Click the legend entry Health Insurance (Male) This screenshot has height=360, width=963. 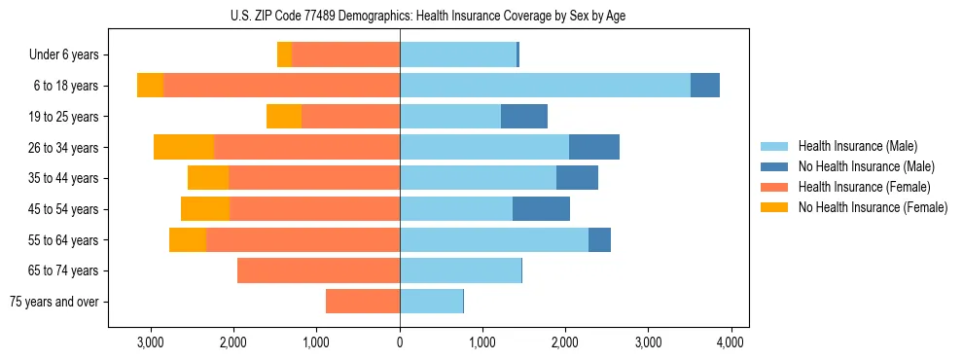click(x=857, y=146)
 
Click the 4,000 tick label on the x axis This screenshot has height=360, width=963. click(x=731, y=342)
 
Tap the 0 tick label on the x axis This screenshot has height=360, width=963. click(x=400, y=342)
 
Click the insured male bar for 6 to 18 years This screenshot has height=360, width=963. click(x=545, y=86)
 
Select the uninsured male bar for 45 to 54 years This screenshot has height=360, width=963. click(x=541, y=208)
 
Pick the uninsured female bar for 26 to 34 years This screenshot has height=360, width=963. click(x=184, y=147)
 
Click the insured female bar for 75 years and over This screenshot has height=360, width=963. click(x=363, y=302)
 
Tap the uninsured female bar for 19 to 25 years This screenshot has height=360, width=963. click(x=284, y=117)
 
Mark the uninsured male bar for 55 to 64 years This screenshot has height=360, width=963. click(x=599, y=239)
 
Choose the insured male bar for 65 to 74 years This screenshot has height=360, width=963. click(x=460, y=270)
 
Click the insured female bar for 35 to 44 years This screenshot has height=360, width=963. click(x=314, y=178)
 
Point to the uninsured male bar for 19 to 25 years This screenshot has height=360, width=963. click(x=524, y=117)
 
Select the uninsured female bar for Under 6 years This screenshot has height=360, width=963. click(x=284, y=55)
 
